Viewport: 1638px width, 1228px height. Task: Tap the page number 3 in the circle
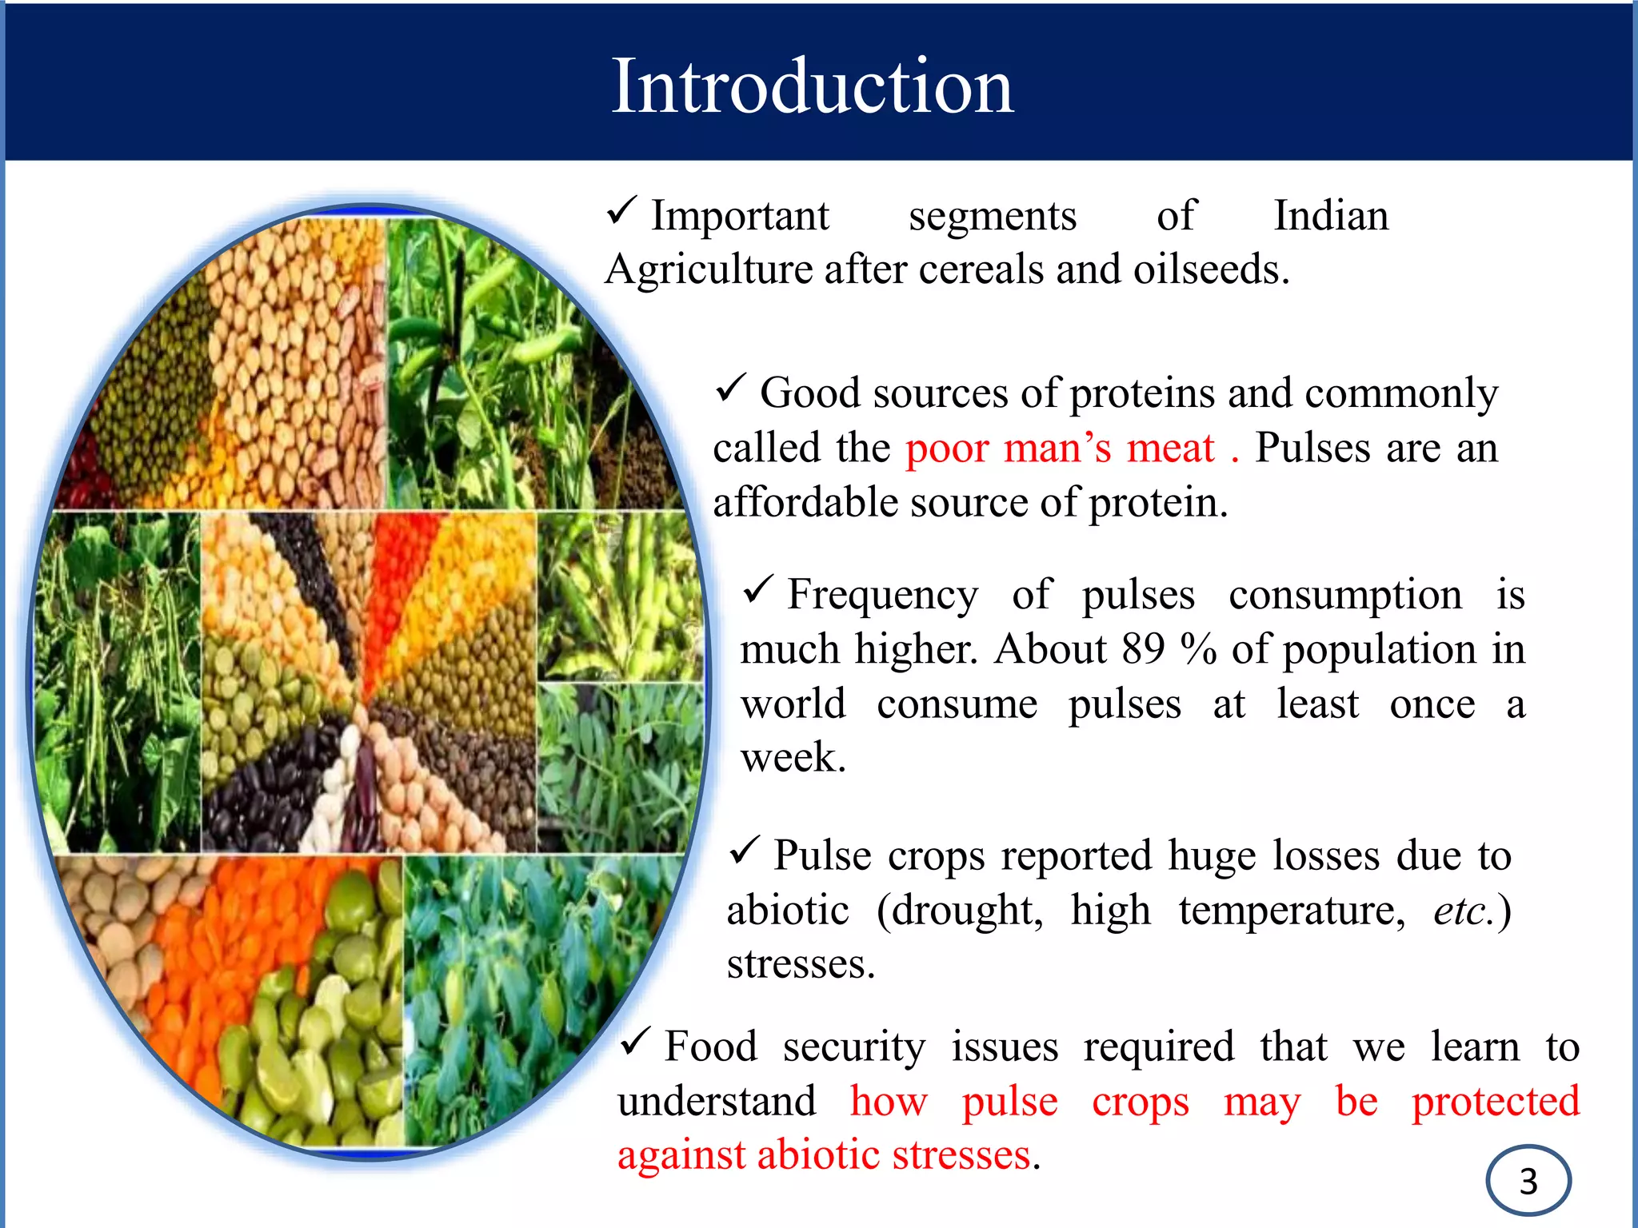click(1528, 1182)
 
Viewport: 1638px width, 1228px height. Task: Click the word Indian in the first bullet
click(1331, 216)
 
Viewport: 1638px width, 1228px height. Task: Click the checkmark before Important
click(621, 211)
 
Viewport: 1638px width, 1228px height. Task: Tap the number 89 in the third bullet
click(1143, 649)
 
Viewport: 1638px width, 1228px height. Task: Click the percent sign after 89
click(1197, 649)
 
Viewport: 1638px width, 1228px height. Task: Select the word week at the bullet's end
click(790, 758)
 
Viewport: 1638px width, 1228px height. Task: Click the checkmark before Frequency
click(757, 591)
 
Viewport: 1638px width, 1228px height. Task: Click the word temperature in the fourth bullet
click(1291, 911)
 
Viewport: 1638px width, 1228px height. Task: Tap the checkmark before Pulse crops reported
click(744, 851)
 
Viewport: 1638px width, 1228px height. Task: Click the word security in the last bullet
click(853, 1047)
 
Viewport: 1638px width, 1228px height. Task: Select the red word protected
click(1495, 1102)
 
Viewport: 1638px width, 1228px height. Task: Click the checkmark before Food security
click(636, 1042)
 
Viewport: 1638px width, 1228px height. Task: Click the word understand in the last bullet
click(716, 1102)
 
